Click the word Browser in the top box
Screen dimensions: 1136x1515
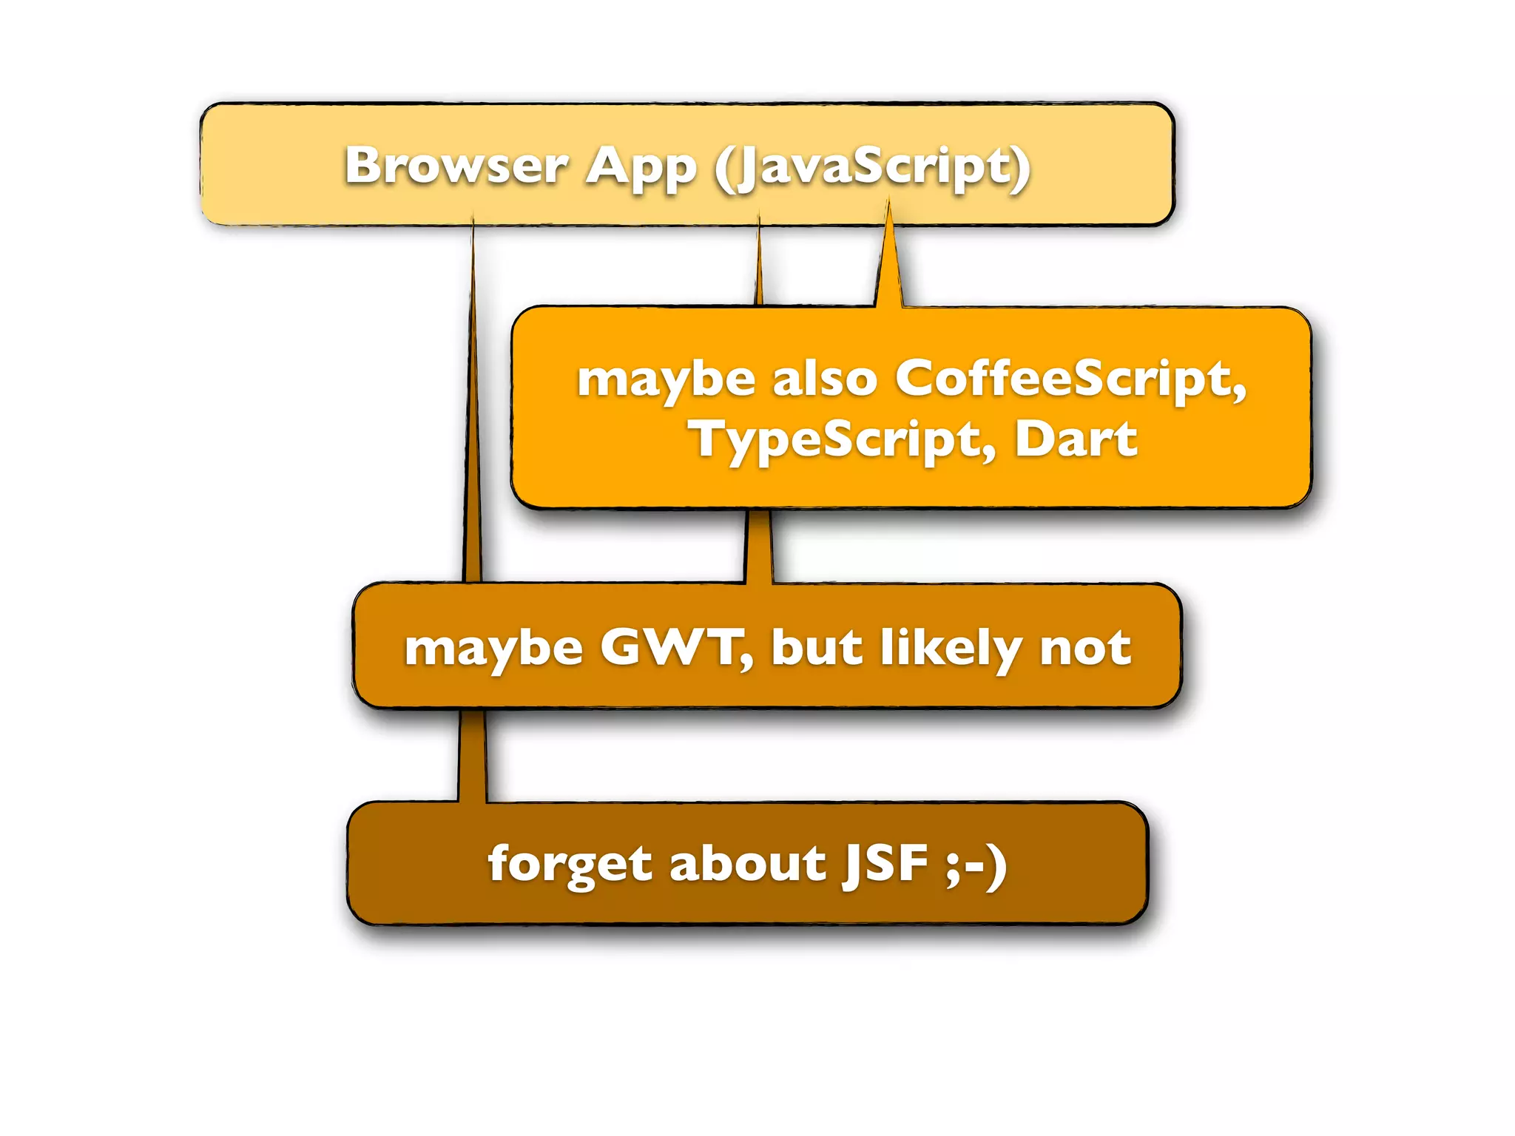click(456, 166)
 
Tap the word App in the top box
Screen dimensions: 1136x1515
click(641, 167)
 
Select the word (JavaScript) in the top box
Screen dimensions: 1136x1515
click(872, 167)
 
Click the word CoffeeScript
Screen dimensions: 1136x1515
click(1070, 379)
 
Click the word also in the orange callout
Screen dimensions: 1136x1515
click(824, 379)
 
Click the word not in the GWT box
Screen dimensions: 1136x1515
click(1085, 648)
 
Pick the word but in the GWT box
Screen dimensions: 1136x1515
click(817, 648)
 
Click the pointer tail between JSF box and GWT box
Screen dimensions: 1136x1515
click(473, 754)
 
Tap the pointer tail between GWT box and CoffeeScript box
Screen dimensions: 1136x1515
click(758, 545)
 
